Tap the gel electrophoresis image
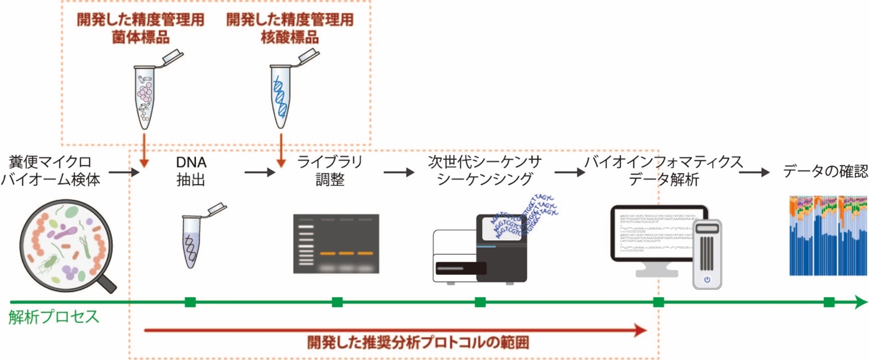[336, 244]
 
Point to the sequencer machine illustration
[482, 250]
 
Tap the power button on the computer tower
[707, 280]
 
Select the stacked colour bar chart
[828, 236]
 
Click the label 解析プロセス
[54, 317]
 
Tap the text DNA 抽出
[191, 171]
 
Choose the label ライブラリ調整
[330, 171]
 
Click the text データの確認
[825, 171]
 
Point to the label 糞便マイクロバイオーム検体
[50, 171]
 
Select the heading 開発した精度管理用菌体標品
[141, 28]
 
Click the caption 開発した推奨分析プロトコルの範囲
[418, 343]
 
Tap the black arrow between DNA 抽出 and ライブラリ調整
[260, 172]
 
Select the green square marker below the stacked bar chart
[829, 302]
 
